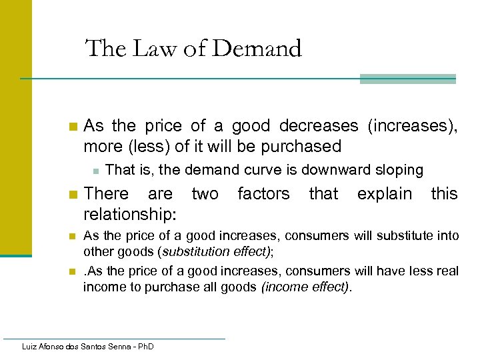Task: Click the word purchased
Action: click(302, 146)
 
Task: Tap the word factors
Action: click(263, 194)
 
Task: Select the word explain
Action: click(385, 194)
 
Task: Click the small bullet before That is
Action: click(95, 171)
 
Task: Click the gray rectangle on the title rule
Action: click(407, 79)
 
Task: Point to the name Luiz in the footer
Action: click(30, 347)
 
